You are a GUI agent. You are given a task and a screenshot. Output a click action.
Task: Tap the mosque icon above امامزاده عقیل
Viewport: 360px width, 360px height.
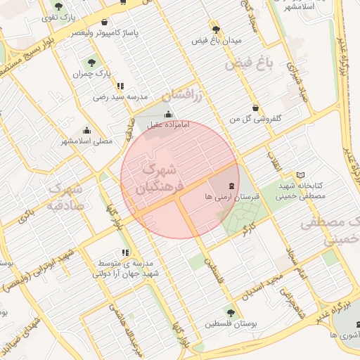point(167,115)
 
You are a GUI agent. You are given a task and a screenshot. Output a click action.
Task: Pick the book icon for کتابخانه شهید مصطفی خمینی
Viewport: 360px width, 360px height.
point(301,174)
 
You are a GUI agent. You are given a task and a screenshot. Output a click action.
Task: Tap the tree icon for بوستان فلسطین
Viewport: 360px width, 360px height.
point(231,311)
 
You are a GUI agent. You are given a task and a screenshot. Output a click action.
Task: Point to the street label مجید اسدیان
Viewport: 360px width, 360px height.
point(259,286)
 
